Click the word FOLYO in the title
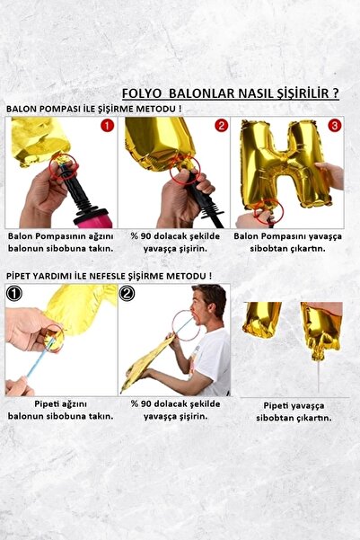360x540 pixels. pos(141,93)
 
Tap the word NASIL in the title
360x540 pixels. pos(247,93)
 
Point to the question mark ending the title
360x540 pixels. pos(335,93)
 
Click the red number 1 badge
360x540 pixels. pos(107,126)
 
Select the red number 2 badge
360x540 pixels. pos(220,126)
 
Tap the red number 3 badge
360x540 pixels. pos(333,126)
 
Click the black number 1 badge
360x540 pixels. pos(14,293)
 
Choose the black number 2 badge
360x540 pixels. pos(127,293)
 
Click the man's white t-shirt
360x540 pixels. pos(212,359)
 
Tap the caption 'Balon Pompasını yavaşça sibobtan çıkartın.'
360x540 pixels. pos(288,242)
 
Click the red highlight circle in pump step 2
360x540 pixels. pos(185,171)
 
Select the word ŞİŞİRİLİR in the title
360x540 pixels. pos(296,93)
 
